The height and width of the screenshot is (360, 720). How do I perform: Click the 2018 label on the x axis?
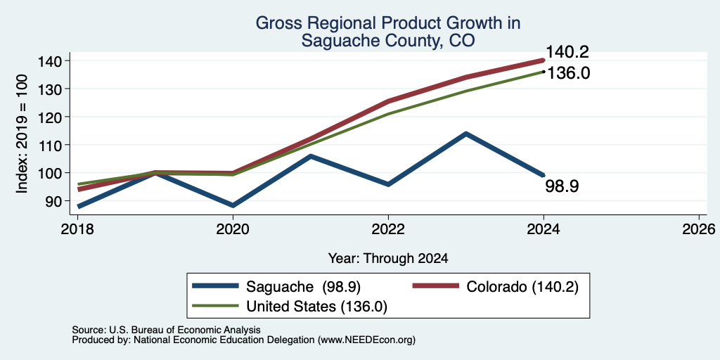(x=78, y=229)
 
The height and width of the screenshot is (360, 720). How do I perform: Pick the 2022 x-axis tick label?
(x=388, y=229)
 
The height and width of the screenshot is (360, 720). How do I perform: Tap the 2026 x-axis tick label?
(x=699, y=229)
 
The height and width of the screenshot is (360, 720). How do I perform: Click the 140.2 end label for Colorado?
(x=567, y=52)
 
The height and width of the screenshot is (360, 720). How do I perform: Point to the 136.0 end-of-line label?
(x=568, y=73)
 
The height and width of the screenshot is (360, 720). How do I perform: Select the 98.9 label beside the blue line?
(x=562, y=186)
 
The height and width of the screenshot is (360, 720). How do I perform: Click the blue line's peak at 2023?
(x=466, y=134)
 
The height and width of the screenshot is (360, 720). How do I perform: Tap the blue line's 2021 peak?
(x=311, y=156)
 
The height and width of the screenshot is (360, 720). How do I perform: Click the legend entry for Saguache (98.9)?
(x=276, y=286)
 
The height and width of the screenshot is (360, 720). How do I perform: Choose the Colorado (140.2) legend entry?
(x=496, y=286)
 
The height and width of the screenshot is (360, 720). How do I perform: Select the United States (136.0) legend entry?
(x=290, y=307)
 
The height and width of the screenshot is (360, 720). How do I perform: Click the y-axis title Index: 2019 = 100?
(x=22, y=134)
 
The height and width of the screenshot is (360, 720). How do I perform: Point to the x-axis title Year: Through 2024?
(x=388, y=259)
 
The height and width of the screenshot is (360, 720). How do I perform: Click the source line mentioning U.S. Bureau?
(x=166, y=330)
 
